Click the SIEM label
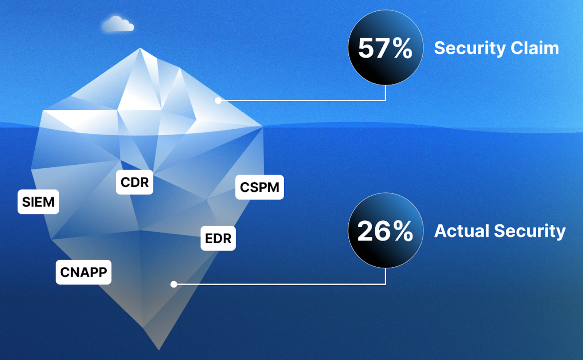pos(38,202)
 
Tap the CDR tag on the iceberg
pos(134,182)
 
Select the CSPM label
pos(259,187)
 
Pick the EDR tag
pos(218,238)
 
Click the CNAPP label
pos(83,272)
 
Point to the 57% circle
pos(386,48)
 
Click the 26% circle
pos(386,231)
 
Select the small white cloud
pos(118,24)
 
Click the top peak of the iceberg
pos(140,49)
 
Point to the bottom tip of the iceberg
pos(159,349)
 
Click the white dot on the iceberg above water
pos(218,101)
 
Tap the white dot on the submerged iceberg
pos(174,284)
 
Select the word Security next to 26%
pos(530,231)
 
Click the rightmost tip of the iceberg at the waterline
pos(262,126)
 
